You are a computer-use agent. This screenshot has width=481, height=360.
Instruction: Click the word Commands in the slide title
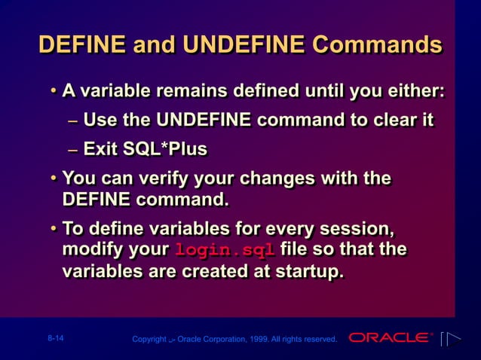(x=377, y=44)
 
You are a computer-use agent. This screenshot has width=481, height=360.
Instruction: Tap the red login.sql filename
(x=225, y=250)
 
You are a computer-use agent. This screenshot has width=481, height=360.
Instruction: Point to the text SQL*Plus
(x=161, y=149)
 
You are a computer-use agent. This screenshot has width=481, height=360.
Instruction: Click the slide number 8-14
(x=55, y=339)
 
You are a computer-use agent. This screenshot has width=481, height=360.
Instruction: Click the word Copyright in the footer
(x=149, y=340)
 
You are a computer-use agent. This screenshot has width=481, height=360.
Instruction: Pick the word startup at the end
(x=305, y=272)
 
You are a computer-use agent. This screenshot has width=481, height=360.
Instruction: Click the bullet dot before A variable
(x=54, y=93)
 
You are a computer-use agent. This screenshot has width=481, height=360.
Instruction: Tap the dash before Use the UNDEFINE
(x=72, y=121)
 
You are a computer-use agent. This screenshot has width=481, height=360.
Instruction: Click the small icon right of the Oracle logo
(x=449, y=339)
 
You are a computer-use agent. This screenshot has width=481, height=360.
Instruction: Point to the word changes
(x=294, y=179)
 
